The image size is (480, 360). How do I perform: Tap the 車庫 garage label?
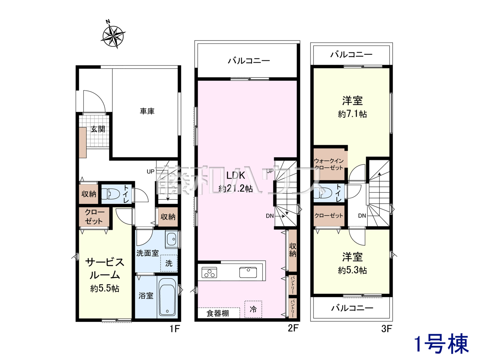coord(147,111)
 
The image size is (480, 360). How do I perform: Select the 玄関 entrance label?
coord(98,129)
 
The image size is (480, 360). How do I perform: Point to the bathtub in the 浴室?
coord(167,296)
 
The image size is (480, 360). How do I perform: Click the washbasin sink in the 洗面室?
coord(172,239)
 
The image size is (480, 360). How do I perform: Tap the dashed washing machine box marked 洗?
coord(169,263)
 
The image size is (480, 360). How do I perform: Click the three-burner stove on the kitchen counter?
coord(209,273)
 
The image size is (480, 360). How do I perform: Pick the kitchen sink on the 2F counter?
coord(248,272)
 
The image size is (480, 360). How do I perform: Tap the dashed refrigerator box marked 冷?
coord(253,309)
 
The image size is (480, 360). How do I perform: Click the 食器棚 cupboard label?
coord(218,313)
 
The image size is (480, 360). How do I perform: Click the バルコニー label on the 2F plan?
coord(249,61)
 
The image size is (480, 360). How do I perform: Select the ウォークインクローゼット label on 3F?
coord(328,164)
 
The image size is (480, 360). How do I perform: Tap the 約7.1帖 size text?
coord(352,114)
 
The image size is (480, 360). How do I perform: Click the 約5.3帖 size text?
coord(352,271)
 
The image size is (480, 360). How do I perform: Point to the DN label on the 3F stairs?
coord(362,216)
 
